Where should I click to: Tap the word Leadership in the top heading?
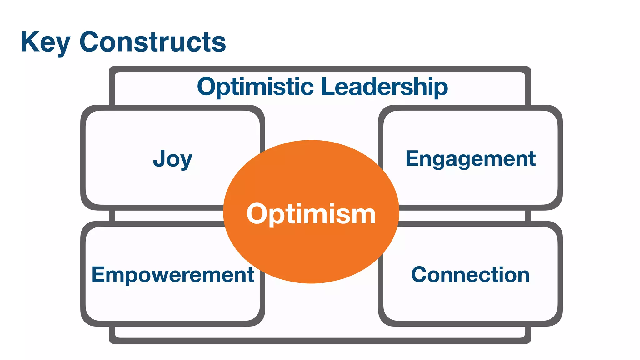[384, 87]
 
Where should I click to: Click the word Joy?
[172, 159]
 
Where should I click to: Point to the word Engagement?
[470, 159]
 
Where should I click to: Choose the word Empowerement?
[172, 275]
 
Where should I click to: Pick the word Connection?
[470, 275]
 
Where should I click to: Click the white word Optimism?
[311, 214]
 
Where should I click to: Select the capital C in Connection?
[419, 275]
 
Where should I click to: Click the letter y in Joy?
[186, 161]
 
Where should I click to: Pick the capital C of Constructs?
[90, 42]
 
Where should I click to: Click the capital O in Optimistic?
[207, 87]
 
